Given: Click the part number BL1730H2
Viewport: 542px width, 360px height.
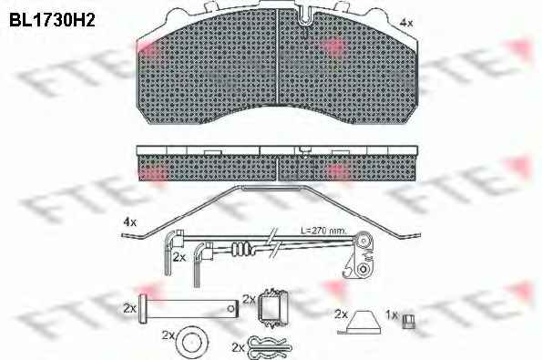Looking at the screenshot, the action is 52,20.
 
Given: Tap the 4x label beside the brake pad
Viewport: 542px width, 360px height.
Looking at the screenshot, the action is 405,23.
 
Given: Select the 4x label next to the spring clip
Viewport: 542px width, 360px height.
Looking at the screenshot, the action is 130,222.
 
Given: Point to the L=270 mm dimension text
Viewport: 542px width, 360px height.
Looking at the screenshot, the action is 323,231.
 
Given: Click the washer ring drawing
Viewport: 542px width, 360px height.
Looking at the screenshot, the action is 192,342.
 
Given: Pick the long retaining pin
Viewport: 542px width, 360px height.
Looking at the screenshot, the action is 189,308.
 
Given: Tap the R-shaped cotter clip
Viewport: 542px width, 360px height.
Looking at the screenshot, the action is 271,347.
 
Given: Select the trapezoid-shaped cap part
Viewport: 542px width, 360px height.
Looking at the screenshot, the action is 360,323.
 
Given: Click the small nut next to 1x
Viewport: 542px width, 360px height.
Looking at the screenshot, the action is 409,322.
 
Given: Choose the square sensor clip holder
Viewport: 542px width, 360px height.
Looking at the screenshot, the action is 271,308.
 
